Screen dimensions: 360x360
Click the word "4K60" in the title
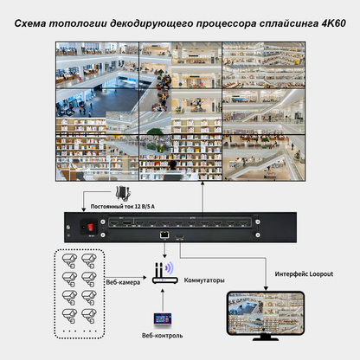tap(332, 16)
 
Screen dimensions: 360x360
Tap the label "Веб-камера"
tap(123, 280)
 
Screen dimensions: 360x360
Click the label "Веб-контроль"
tap(161, 336)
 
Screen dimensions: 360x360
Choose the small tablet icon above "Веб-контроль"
tap(161, 319)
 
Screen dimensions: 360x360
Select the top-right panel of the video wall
tap(263, 61)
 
